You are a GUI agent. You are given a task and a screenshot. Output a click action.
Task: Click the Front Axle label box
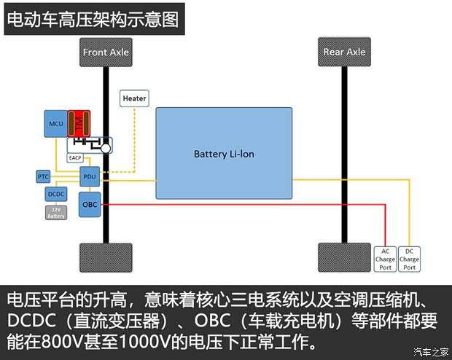(x=106, y=52)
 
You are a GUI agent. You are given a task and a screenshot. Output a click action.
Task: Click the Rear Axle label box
(x=345, y=52)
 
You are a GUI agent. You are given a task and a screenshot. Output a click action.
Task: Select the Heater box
(x=134, y=98)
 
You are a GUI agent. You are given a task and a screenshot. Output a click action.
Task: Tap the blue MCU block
(x=56, y=124)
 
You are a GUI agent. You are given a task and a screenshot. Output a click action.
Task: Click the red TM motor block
(x=79, y=124)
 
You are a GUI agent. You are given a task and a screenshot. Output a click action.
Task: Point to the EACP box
(x=75, y=157)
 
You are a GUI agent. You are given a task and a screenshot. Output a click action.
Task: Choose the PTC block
(x=44, y=176)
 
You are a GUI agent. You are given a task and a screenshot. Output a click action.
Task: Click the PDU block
(x=90, y=176)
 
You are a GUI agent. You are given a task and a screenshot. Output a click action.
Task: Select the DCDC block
(x=56, y=194)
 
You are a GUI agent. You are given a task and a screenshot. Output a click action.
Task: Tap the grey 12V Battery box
(x=56, y=212)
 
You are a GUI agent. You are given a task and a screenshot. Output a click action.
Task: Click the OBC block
(x=90, y=205)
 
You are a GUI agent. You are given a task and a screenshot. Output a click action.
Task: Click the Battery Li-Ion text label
(x=224, y=154)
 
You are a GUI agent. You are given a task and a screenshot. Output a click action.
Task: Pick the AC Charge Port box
(x=386, y=259)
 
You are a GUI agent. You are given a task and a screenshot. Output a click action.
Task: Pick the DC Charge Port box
(x=410, y=259)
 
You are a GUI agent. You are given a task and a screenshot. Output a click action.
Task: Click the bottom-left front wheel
(x=106, y=257)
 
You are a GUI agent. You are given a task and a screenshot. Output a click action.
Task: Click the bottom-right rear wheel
(x=345, y=257)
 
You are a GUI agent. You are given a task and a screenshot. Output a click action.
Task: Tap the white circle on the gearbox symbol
(x=106, y=148)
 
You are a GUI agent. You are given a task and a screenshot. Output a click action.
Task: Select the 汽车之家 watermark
(x=431, y=353)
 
